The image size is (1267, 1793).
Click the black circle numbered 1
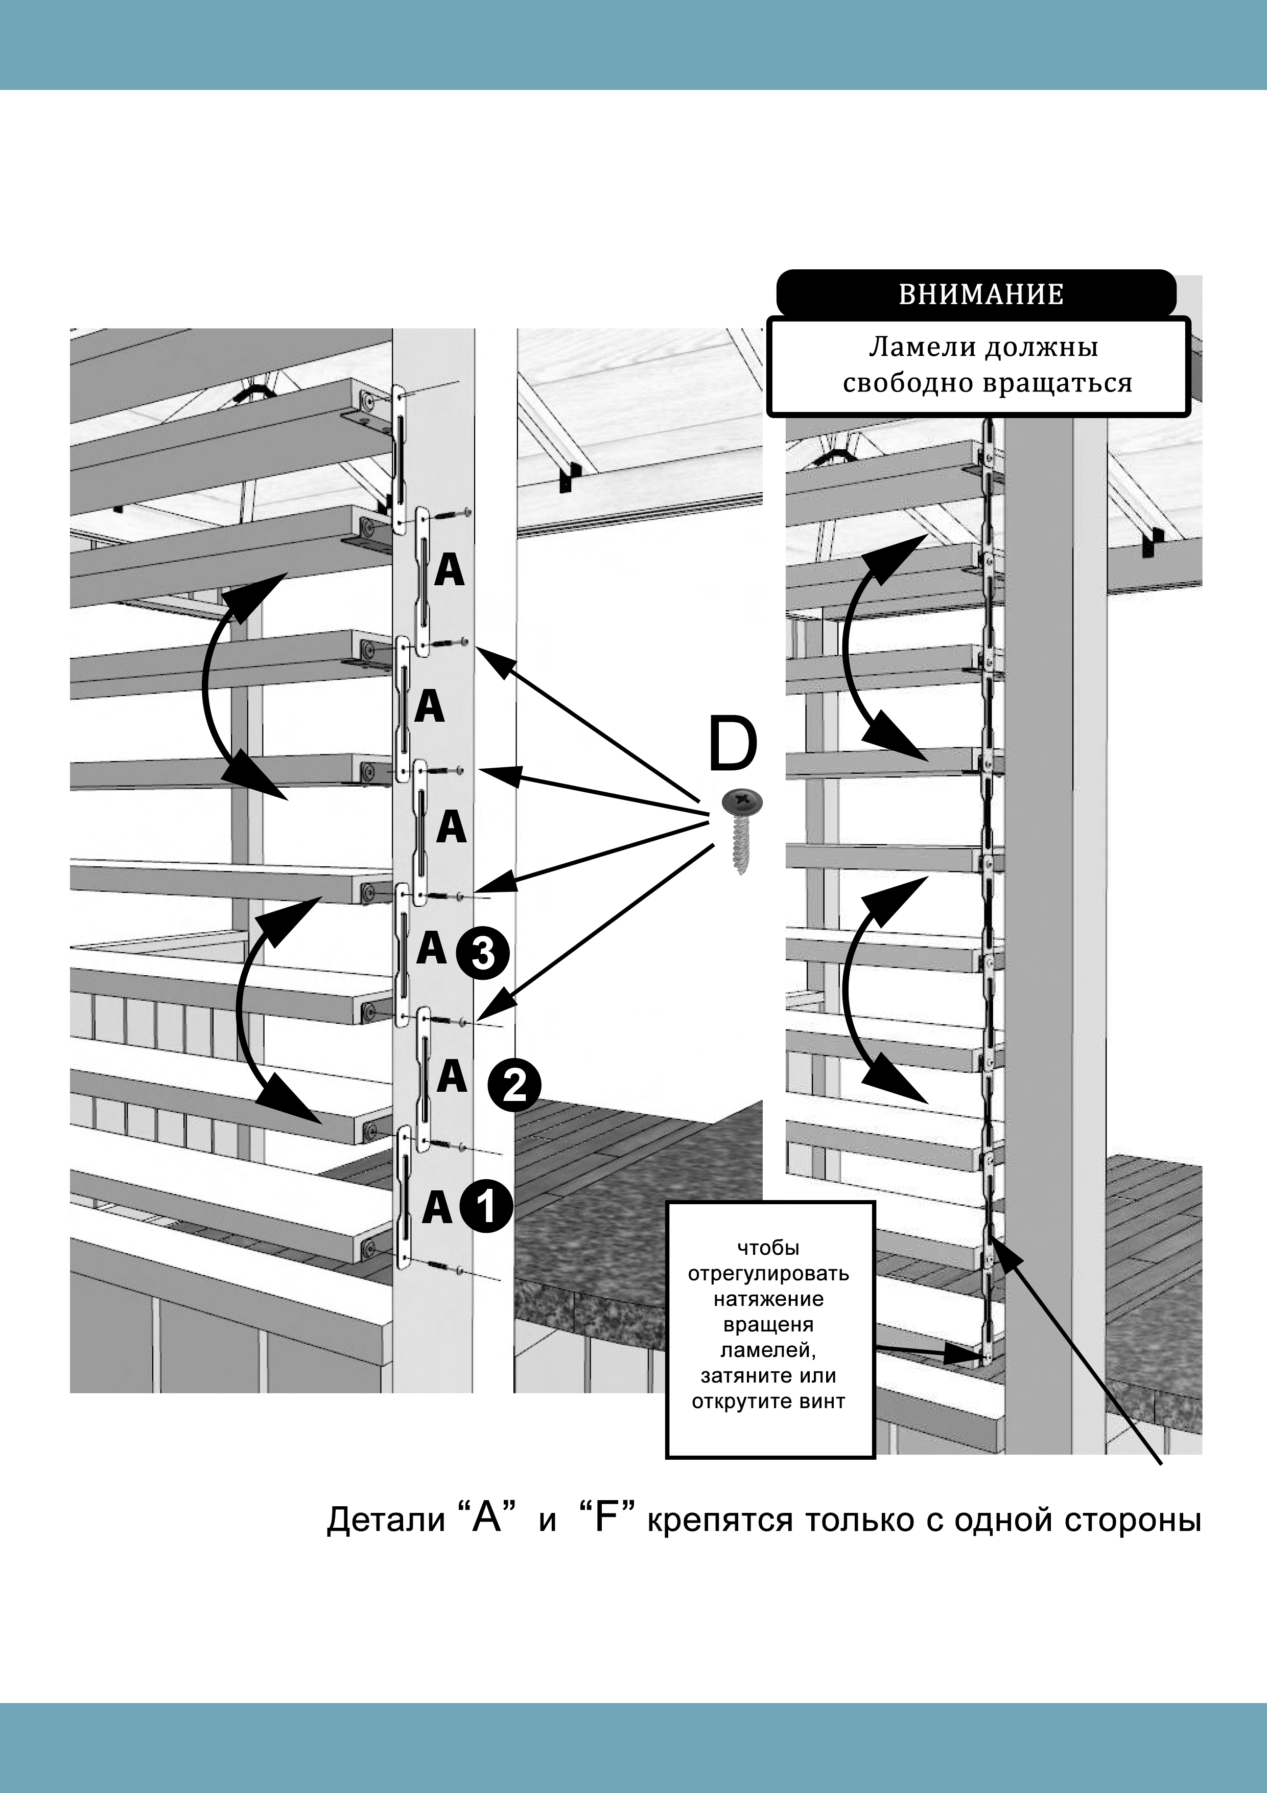(485, 1207)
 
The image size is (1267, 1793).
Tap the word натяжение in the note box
(768, 1299)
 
